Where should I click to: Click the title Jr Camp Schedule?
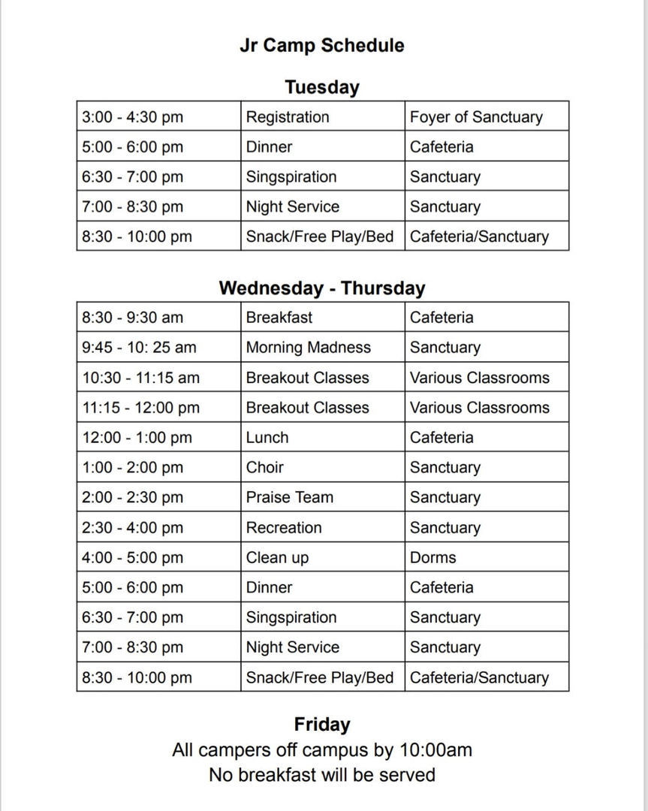click(x=322, y=46)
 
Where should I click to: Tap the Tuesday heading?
click(x=322, y=87)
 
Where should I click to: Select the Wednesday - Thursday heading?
click(x=322, y=288)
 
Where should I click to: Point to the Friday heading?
click(x=322, y=725)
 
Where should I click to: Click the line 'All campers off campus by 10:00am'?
click(x=322, y=750)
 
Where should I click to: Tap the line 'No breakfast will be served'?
click(x=322, y=775)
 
